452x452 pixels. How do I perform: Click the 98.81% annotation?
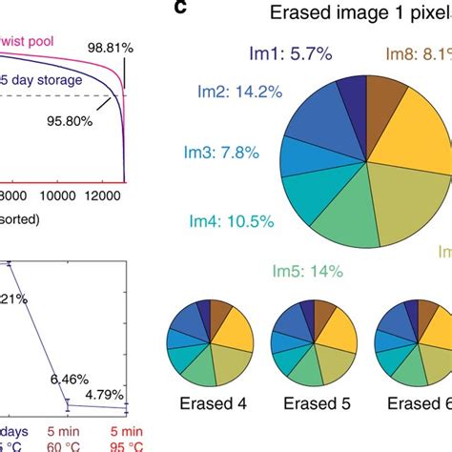[118, 46]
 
